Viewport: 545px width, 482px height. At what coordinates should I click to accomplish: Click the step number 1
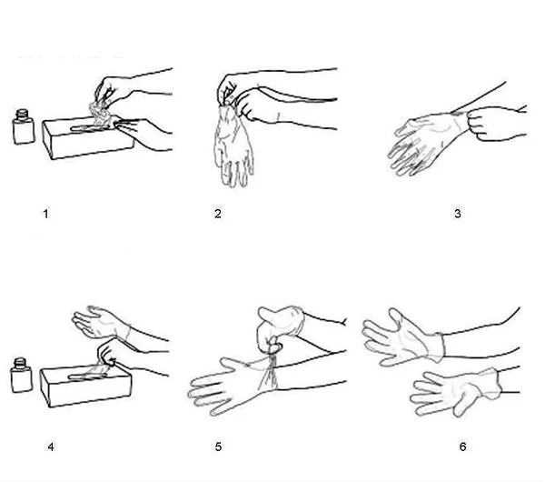pyautogui.click(x=45, y=214)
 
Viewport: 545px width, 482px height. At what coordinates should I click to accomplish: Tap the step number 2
pyautogui.click(x=218, y=214)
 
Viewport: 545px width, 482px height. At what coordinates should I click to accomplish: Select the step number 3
pyautogui.click(x=458, y=214)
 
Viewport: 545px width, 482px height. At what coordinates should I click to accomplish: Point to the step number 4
pyautogui.click(x=51, y=447)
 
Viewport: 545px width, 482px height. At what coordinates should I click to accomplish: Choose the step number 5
pyautogui.click(x=218, y=447)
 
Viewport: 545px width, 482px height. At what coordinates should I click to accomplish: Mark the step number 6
pyautogui.click(x=462, y=447)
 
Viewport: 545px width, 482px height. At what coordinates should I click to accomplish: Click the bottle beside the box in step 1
pyautogui.click(x=24, y=126)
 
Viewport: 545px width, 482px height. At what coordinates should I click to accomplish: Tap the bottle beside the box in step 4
pyautogui.click(x=22, y=376)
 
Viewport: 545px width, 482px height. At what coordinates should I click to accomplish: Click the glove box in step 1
pyautogui.click(x=89, y=139)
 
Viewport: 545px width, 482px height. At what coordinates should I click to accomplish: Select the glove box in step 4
pyautogui.click(x=86, y=387)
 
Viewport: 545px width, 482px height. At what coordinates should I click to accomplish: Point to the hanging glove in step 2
pyautogui.click(x=233, y=146)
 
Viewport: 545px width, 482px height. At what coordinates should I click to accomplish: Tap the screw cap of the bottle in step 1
pyautogui.click(x=22, y=114)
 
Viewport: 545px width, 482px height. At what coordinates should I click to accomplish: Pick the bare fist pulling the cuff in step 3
pyautogui.click(x=485, y=123)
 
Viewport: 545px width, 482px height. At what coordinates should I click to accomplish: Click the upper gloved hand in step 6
pyautogui.click(x=403, y=337)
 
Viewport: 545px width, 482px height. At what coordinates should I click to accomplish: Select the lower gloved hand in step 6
pyautogui.click(x=455, y=393)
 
